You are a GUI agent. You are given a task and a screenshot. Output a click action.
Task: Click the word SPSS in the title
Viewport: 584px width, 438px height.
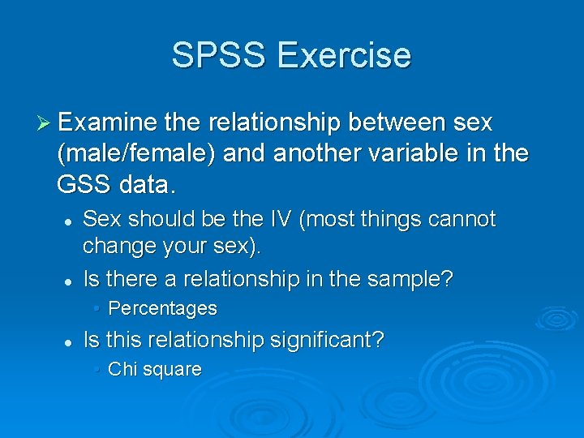[218, 55]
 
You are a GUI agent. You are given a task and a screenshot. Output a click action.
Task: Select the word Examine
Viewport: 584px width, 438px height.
[106, 122]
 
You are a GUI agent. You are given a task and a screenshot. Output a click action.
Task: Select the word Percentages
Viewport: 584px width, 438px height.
[162, 309]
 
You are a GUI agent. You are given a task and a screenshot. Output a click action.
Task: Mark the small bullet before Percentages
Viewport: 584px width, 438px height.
[96, 309]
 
